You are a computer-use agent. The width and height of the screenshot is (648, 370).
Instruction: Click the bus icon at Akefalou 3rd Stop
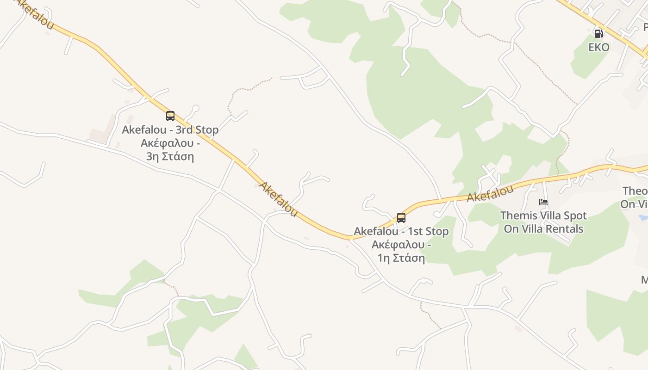[x=170, y=116]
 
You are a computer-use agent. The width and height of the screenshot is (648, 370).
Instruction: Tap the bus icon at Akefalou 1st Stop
[x=401, y=217]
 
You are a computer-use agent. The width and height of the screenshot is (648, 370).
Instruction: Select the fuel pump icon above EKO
[x=598, y=33]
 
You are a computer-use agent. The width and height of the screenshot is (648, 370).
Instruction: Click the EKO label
[x=599, y=47]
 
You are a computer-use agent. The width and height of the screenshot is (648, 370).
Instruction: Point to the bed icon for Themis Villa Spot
[x=543, y=202]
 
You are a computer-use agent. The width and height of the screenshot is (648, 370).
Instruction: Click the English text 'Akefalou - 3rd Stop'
[x=170, y=130]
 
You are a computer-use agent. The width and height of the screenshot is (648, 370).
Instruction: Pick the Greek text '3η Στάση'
[x=170, y=156]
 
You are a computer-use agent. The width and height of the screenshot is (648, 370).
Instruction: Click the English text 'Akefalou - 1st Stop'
[x=401, y=231]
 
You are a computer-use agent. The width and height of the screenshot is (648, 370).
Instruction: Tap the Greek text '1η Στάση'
[x=401, y=258]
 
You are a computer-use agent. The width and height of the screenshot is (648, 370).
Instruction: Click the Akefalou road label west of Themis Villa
[x=490, y=194]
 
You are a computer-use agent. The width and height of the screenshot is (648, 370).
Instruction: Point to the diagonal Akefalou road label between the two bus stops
[x=278, y=199]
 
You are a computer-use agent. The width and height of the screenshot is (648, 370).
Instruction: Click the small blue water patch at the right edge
[x=643, y=217]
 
